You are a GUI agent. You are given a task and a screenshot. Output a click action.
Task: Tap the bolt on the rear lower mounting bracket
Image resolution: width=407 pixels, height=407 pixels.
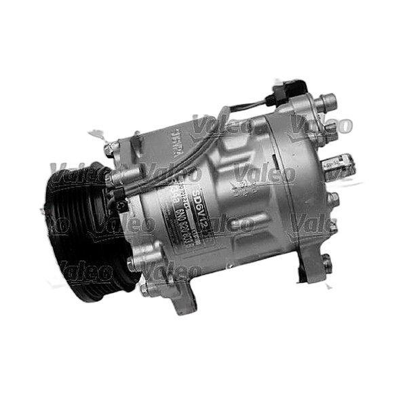click(x=327, y=260)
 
